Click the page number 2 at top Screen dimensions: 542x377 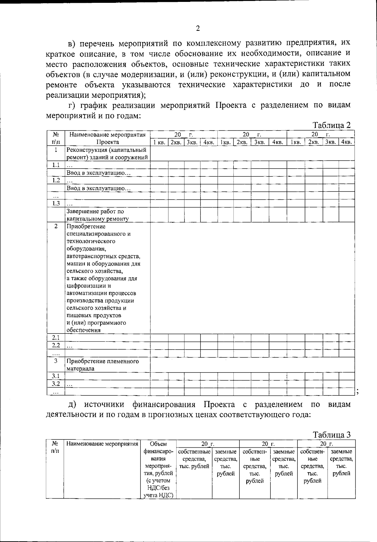pos(198,29)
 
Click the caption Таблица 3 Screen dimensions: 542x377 pos(332,434)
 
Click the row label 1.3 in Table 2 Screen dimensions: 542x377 pos(56,203)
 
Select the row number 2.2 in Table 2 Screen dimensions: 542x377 pos(56,345)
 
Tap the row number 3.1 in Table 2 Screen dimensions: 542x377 pos(56,376)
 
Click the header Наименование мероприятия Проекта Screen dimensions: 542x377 pos(107,138)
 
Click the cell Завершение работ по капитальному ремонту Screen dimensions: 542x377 pos(98,215)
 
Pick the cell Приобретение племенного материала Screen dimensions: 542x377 pos(102,365)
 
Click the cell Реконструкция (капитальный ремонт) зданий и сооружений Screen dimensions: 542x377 pos(107,154)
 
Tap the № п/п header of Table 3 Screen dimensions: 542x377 pos(55,447)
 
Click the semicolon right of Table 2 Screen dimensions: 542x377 pos(358,391)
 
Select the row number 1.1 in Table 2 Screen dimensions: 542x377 pos(56,165)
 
